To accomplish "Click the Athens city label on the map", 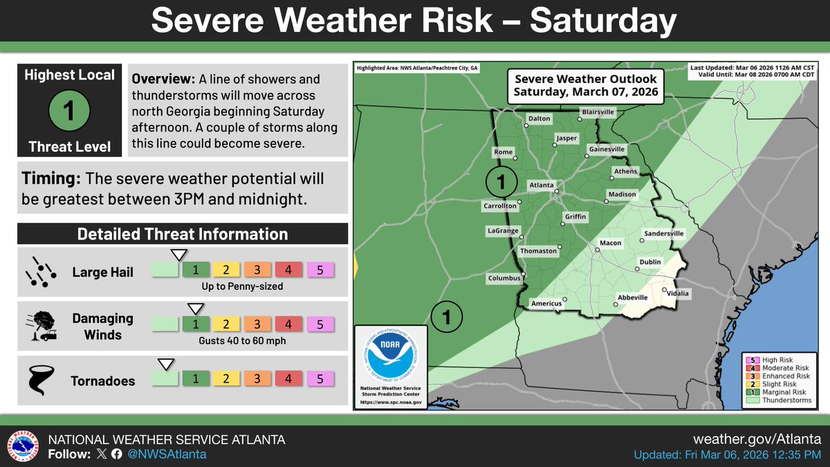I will tap(625, 172).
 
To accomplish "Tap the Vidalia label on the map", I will tap(678, 293).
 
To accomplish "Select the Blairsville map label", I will tap(598, 111).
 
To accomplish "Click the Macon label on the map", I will tap(610, 243).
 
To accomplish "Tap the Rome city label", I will tap(503, 152).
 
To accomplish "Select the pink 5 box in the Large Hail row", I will tap(320, 269).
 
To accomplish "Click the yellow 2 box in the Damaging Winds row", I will tap(225, 323).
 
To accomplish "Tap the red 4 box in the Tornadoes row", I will tap(288, 378).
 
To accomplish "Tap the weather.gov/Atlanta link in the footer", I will tap(757, 439).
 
